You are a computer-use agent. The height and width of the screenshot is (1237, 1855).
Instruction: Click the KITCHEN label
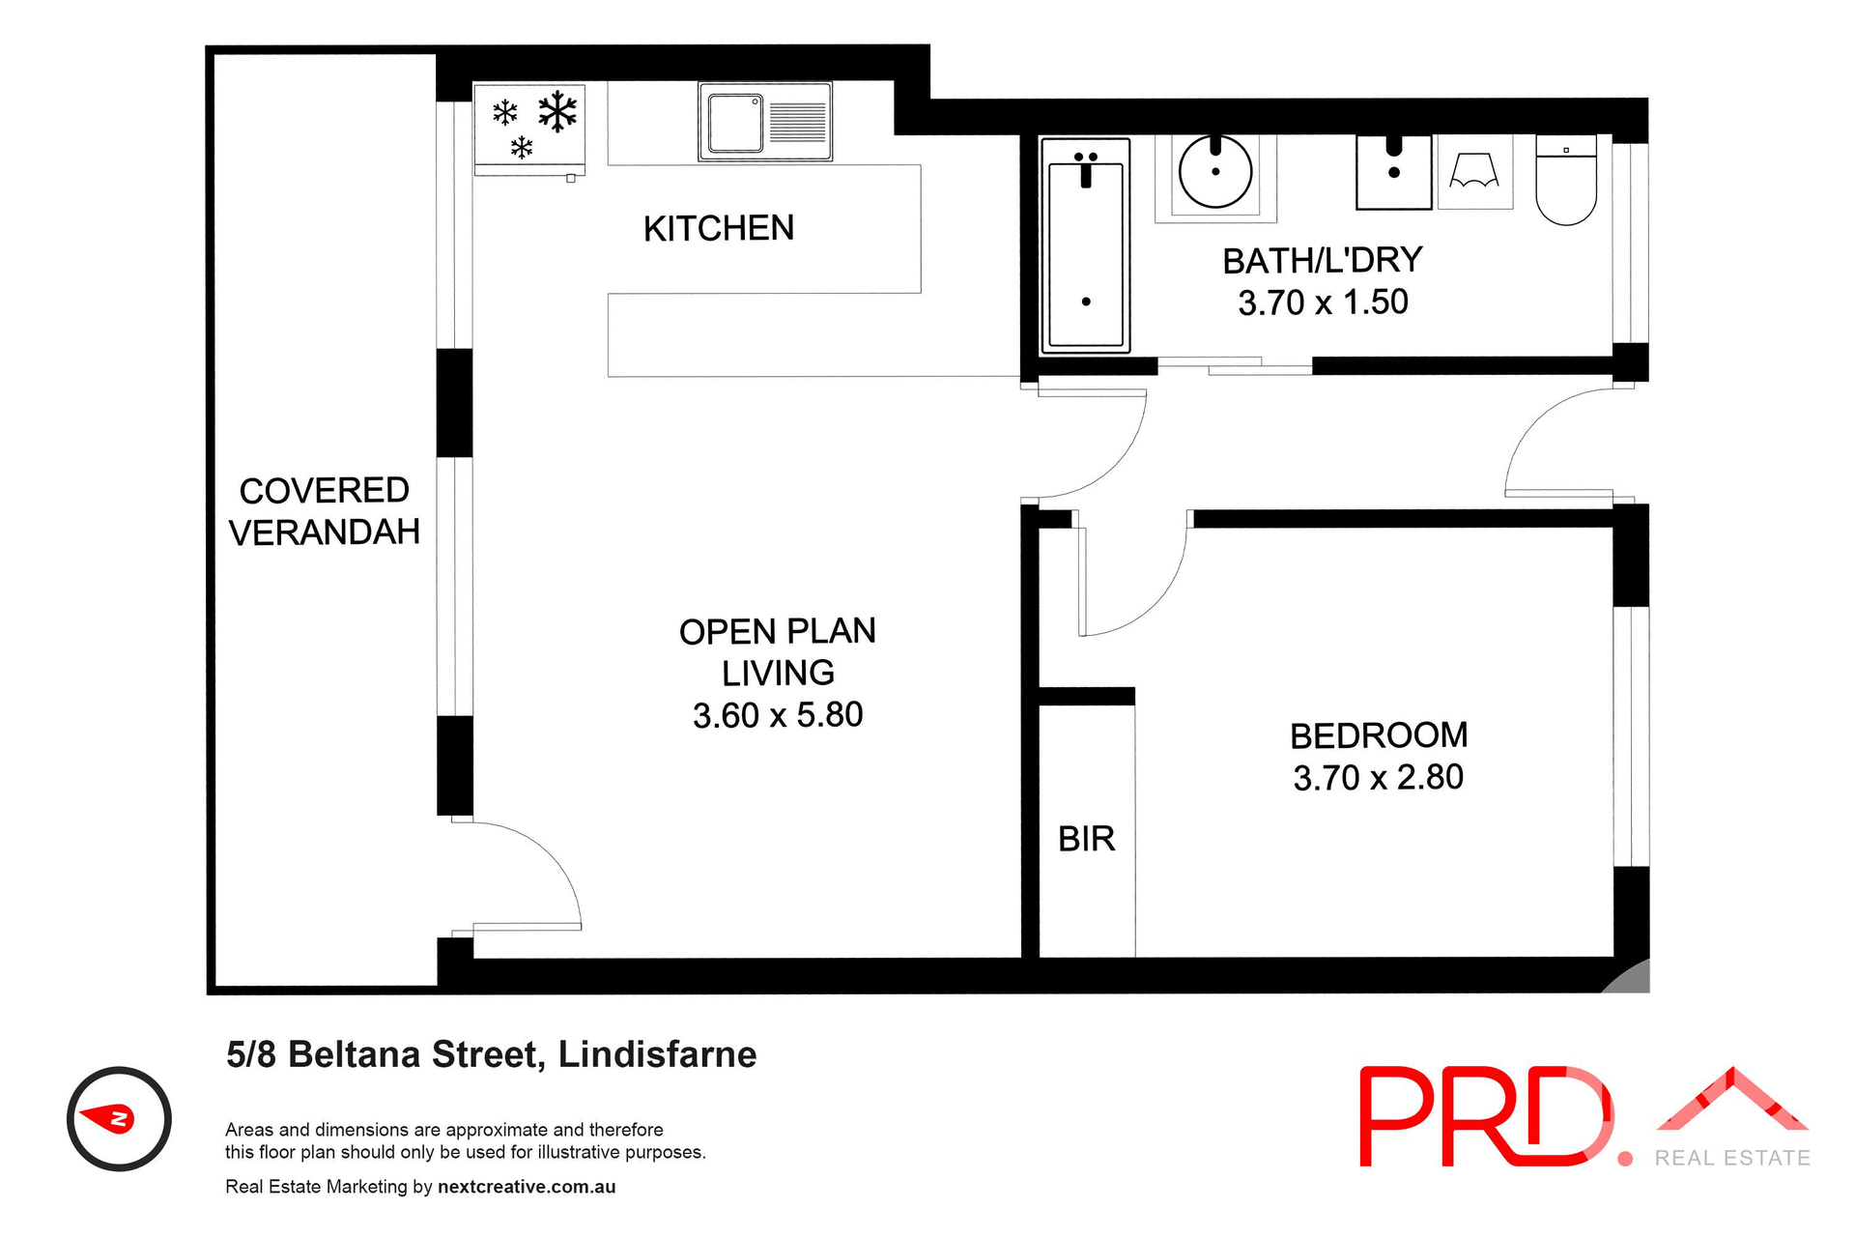(x=719, y=229)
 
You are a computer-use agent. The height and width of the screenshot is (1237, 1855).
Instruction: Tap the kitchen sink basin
(x=735, y=123)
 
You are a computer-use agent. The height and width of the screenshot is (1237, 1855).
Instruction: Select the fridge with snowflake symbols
(x=529, y=128)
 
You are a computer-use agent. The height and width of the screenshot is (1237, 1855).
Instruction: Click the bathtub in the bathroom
(x=1086, y=246)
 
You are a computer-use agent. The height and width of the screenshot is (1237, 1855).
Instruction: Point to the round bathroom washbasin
(x=1215, y=172)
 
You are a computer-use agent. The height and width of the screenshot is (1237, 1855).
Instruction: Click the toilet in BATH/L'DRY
(x=1566, y=181)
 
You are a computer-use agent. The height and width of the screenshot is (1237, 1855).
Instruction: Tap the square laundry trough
(x=1393, y=172)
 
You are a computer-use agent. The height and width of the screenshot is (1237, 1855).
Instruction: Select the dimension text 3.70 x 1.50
(x=1323, y=302)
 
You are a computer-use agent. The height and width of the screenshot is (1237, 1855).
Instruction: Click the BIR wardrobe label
(x=1086, y=839)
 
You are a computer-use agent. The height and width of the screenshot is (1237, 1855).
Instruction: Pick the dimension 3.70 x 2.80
(x=1378, y=777)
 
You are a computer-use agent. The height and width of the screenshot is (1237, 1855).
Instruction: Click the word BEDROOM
(x=1378, y=735)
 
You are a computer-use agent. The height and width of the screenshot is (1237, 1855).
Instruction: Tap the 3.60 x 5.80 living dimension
(x=778, y=715)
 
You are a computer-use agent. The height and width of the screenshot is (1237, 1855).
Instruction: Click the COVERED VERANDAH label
(x=325, y=511)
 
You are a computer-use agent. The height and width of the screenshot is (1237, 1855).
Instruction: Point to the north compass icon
(x=119, y=1119)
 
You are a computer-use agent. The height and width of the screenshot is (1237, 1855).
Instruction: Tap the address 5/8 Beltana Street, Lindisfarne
(x=491, y=1054)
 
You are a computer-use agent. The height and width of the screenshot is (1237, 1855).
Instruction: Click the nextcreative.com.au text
(x=527, y=1187)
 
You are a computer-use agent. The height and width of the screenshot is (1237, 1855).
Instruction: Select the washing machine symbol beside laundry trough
(x=1474, y=172)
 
